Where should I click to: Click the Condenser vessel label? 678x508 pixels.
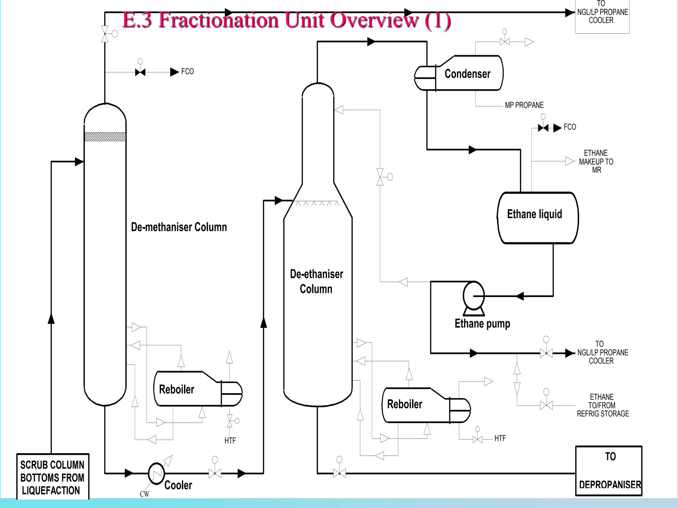pyautogui.click(x=467, y=74)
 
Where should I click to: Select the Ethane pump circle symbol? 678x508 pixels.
pyautogui.click(x=473, y=295)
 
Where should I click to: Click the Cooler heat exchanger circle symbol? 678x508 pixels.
pyautogui.click(x=156, y=473)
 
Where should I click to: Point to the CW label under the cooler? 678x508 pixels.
pyautogui.click(x=144, y=494)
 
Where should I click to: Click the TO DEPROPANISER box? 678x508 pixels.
pyautogui.click(x=608, y=471)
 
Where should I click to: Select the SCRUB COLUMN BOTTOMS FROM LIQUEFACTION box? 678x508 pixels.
pyautogui.click(x=53, y=477)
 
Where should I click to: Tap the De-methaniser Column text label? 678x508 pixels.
pyautogui.click(x=179, y=227)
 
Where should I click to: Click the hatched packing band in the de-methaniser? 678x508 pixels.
pyautogui.click(x=105, y=137)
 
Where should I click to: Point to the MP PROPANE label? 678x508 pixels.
pyautogui.click(x=524, y=105)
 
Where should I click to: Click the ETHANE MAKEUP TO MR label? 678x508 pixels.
pyautogui.click(x=596, y=161)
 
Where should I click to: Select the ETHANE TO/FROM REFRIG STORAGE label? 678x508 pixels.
pyautogui.click(x=603, y=405)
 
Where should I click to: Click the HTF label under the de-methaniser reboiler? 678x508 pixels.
pyautogui.click(x=230, y=441)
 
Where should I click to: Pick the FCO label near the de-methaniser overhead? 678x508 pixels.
pyautogui.click(x=187, y=71)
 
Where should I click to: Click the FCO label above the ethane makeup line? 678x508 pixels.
pyautogui.click(x=570, y=127)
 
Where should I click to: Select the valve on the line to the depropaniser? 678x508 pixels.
pyautogui.click(x=339, y=473)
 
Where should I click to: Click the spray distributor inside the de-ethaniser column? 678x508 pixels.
pyautogui.click(x=317, y=203)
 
